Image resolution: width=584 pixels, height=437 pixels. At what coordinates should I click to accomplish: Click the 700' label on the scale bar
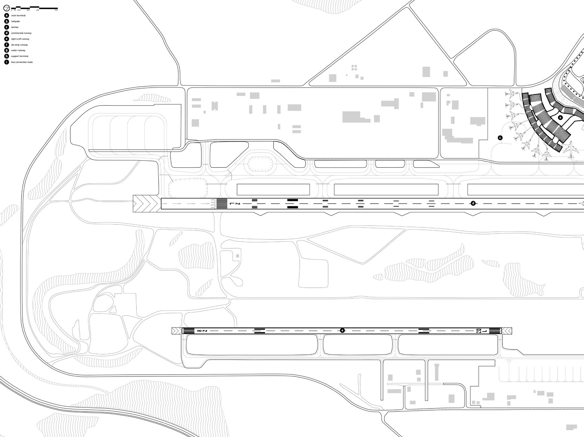tap(56, 10)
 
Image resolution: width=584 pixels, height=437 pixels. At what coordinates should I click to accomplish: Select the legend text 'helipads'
tap(16, 21)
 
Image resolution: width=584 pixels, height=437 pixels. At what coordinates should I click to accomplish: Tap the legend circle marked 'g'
tap(6, 50)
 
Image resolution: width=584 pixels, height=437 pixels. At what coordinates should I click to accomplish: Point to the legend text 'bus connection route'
tap(22, 62)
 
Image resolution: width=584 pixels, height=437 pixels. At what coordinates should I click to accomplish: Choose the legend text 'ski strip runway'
tap(19, 45)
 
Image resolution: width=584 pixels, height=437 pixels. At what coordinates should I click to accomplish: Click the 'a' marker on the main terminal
tap(560, 118)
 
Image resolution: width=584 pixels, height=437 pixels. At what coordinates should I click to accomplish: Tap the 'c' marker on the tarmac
tap(500, 138)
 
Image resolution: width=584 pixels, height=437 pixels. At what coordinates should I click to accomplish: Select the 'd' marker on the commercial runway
tap(473, 203)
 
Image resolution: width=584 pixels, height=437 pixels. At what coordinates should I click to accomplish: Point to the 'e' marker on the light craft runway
tap(342, 330)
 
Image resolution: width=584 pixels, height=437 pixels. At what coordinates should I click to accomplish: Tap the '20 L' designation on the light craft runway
tap(479, 331)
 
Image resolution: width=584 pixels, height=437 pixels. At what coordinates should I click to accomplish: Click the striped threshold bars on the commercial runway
tap(222, 204)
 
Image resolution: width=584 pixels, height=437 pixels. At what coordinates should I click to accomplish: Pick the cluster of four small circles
tap(354, 68)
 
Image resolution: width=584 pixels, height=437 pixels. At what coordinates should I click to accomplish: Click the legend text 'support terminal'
tap(20, 56)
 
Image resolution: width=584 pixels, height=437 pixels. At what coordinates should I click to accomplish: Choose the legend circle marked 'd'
tap(6, 33)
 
